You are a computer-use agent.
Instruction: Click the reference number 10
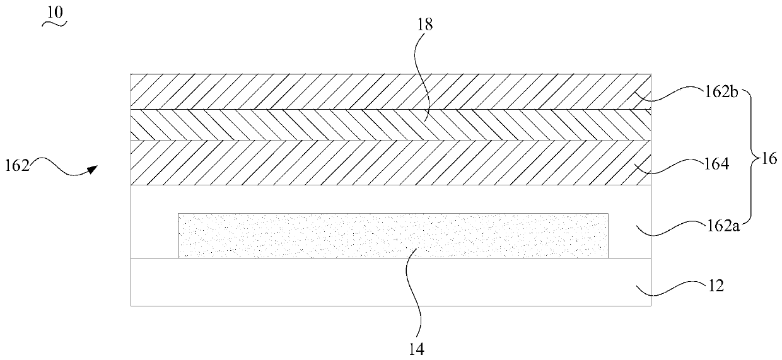pyautogui.click(x=55, y=12)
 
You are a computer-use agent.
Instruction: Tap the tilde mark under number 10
pyautogui.click(x=55, y=25)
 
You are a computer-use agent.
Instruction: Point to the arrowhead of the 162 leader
pyautogui.click(x=93, y=168)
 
